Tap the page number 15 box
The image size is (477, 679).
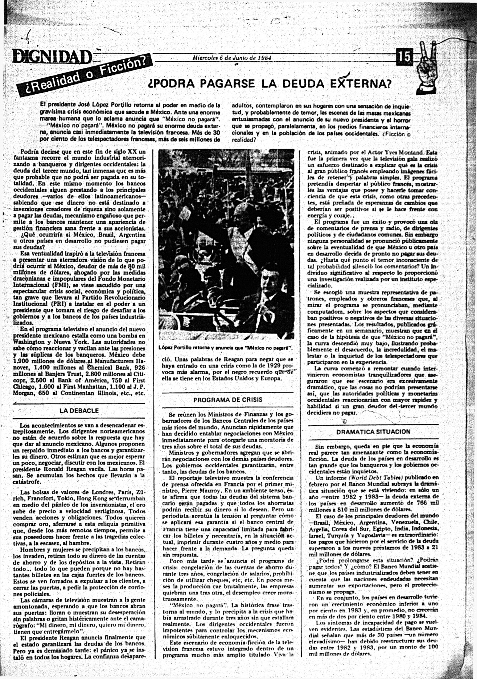pos(406,57)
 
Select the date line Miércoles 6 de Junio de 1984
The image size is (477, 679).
pos(232,58)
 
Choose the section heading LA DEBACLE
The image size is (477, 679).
pos(79,411)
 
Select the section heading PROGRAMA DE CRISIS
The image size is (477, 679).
pos(228,400)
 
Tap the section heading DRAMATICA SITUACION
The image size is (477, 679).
pos(373,432)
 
